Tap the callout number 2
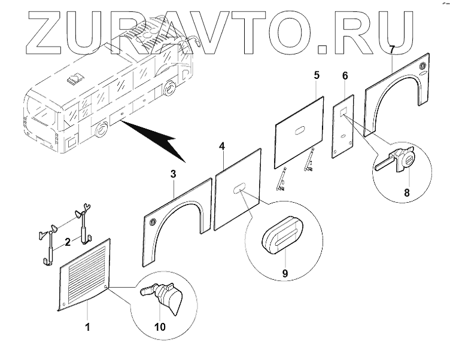point(67,242)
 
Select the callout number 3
point(173,173)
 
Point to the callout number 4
point(222,146)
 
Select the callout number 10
point(161,327)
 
